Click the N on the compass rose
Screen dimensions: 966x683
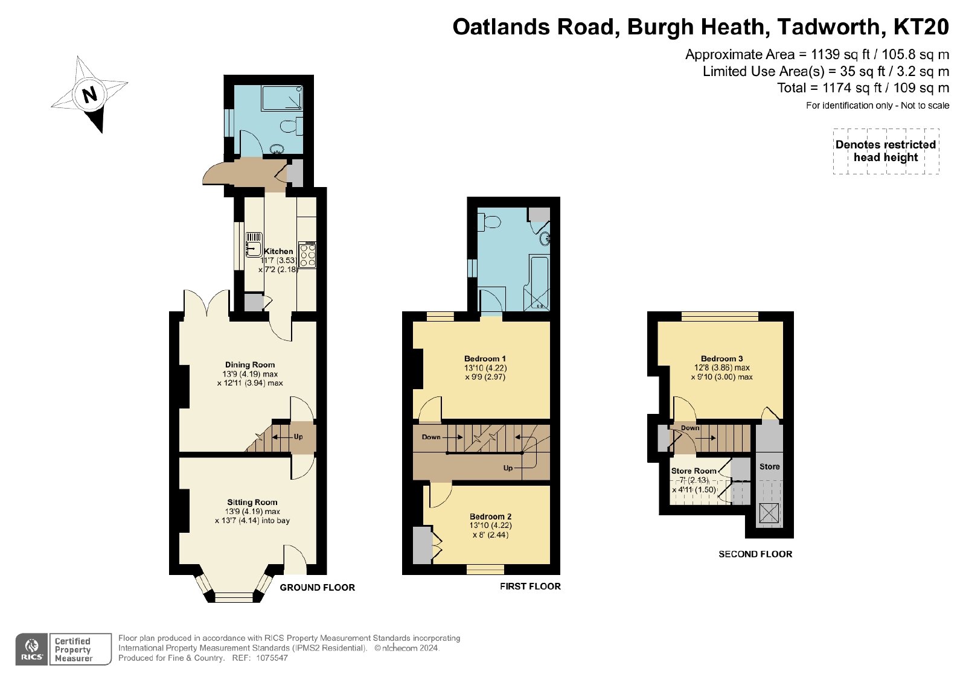coord(90,94)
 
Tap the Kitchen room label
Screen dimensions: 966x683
coord(278,251)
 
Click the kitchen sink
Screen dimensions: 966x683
coord(254,245)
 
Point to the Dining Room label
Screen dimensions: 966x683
coord(250,364)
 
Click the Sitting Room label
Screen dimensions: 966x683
coord(252,502)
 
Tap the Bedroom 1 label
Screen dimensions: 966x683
coord(485,358)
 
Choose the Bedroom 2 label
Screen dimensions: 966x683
coord(491,516)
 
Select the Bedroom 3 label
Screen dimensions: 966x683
coord(722,358)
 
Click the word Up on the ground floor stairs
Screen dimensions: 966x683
coord(298,436)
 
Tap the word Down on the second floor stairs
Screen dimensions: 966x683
coord(690,428)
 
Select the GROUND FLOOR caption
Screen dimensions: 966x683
coord(318,587)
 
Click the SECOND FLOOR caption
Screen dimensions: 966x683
coord(755,554)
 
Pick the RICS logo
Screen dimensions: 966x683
coord(31,649)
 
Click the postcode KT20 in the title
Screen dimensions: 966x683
coord(921,27)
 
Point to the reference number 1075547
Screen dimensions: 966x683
coord(272,658)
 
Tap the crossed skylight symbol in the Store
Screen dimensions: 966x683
coord(769,513)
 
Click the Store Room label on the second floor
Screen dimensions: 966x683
coord(694,471)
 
